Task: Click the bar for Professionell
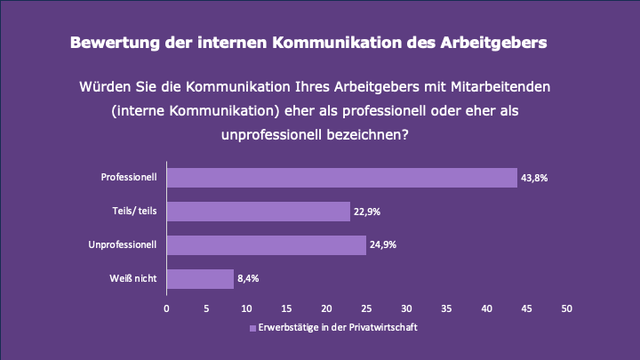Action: pos(341,178)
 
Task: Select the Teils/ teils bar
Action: pos(258,212)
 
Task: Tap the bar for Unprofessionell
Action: pos(266,244)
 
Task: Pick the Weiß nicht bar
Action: pos(200,278)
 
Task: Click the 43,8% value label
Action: pos(534,178)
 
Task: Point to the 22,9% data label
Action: pos(367,212)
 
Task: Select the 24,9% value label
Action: pos(383,244)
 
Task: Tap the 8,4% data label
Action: pos(248,278)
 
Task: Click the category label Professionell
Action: pos(129,178)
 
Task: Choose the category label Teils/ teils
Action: pos(133,212)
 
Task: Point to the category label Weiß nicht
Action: pos(135,278)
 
